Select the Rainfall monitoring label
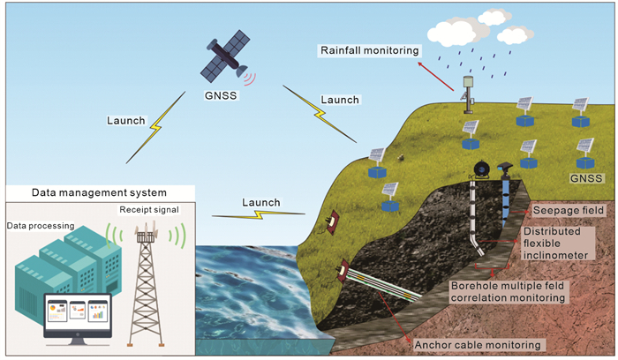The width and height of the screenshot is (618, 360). (369, 51)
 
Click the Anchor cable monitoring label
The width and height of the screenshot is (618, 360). (486, 344)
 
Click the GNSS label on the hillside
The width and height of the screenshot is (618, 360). (587, 178)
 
